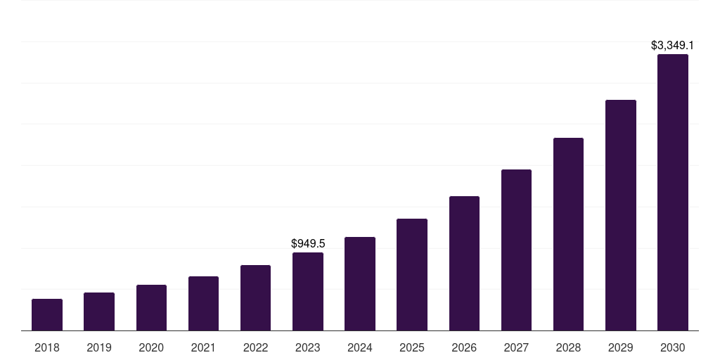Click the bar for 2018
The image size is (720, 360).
click(47, 314)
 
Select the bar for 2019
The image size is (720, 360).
click(99, 311)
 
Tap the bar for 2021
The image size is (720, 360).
click(203, 303)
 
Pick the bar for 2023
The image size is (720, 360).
click(308, 291)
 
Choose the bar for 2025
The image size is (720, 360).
click(412, 274)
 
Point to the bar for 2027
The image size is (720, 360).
click(516, 250)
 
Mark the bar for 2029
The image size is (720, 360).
click(620, 215)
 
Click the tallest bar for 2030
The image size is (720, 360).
click(672, 192)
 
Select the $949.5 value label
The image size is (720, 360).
click(308, 243)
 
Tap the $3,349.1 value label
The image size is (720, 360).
click(672, 45)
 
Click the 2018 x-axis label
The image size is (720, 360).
click(47, 347)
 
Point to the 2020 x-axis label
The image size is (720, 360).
click(151, 347)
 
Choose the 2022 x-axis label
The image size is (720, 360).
click(255, 347)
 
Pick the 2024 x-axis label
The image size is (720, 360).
click(360, 347)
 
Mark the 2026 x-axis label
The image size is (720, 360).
click(464, 347)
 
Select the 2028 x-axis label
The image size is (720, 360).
click(568, 347)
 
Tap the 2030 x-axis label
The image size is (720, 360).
click(672, 347)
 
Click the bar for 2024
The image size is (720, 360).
click(360, 283)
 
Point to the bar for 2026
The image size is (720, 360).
click(464, 263)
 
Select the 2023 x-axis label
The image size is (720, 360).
click(308, 347)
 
